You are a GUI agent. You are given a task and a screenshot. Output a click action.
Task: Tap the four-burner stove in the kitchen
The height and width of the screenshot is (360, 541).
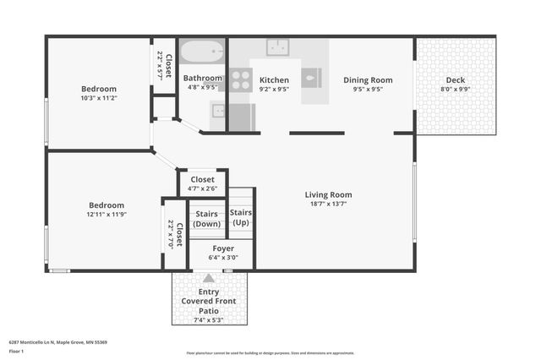coord(241,79)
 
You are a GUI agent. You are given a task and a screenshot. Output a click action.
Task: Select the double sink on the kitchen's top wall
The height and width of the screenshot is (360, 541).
coord(278,46)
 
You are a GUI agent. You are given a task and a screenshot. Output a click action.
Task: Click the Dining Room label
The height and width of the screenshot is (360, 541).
coord(368,80)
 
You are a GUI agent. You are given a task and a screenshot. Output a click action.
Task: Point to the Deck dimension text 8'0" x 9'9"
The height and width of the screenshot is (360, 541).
coord(455,89)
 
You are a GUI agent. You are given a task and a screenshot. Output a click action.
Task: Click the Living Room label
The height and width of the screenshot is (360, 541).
coord(328,194)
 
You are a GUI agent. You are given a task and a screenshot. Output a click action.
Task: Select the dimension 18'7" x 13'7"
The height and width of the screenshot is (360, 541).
coord(328,204)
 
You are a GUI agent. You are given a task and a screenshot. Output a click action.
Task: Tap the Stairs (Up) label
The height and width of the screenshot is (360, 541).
coord(241,217)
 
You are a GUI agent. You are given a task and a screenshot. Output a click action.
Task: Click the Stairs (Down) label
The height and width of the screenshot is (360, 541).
coord(206,219)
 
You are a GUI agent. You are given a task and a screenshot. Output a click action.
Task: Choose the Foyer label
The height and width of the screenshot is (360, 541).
coord(223,248)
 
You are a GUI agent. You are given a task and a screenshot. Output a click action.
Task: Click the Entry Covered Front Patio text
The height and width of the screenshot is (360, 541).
coord(208,302)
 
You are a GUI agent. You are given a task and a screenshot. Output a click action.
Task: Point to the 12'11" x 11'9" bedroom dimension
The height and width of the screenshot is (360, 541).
coord(107,214)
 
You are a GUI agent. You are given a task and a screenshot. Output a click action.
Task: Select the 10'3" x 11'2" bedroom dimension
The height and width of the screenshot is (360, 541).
coord(99,98)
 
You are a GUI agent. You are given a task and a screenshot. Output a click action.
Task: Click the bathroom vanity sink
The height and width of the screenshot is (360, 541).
coord(218,110)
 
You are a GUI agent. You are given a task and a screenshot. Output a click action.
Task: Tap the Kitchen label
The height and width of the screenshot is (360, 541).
coord(274,80)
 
